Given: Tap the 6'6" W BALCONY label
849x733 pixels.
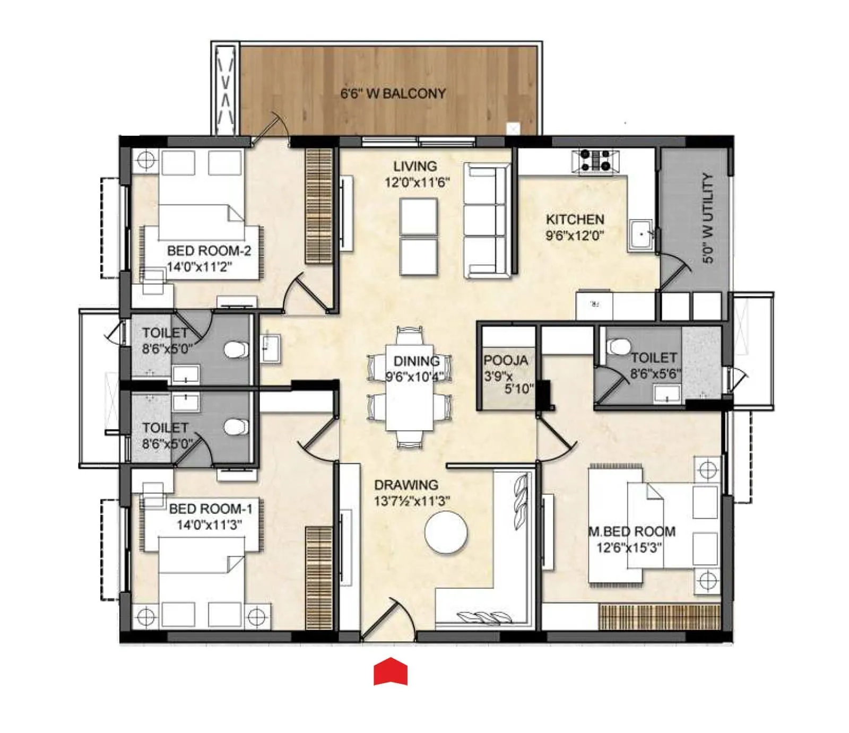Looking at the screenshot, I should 393,94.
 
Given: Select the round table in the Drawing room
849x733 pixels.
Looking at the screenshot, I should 446,532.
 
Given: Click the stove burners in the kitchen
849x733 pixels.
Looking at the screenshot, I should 595,161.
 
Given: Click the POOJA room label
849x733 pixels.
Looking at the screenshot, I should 506,361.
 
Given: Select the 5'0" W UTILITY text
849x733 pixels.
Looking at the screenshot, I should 708,218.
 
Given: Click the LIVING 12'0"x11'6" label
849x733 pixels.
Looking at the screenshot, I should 417,174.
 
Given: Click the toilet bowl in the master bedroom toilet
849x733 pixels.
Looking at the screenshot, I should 618,346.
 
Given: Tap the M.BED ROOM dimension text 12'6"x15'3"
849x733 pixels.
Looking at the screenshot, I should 629,547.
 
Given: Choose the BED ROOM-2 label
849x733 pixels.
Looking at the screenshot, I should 209,250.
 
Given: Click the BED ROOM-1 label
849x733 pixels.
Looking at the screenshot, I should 210,509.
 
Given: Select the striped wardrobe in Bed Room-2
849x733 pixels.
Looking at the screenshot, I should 318,205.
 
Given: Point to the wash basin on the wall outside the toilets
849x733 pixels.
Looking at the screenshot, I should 270,347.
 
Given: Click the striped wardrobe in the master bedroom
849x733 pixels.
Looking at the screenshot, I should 659,616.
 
